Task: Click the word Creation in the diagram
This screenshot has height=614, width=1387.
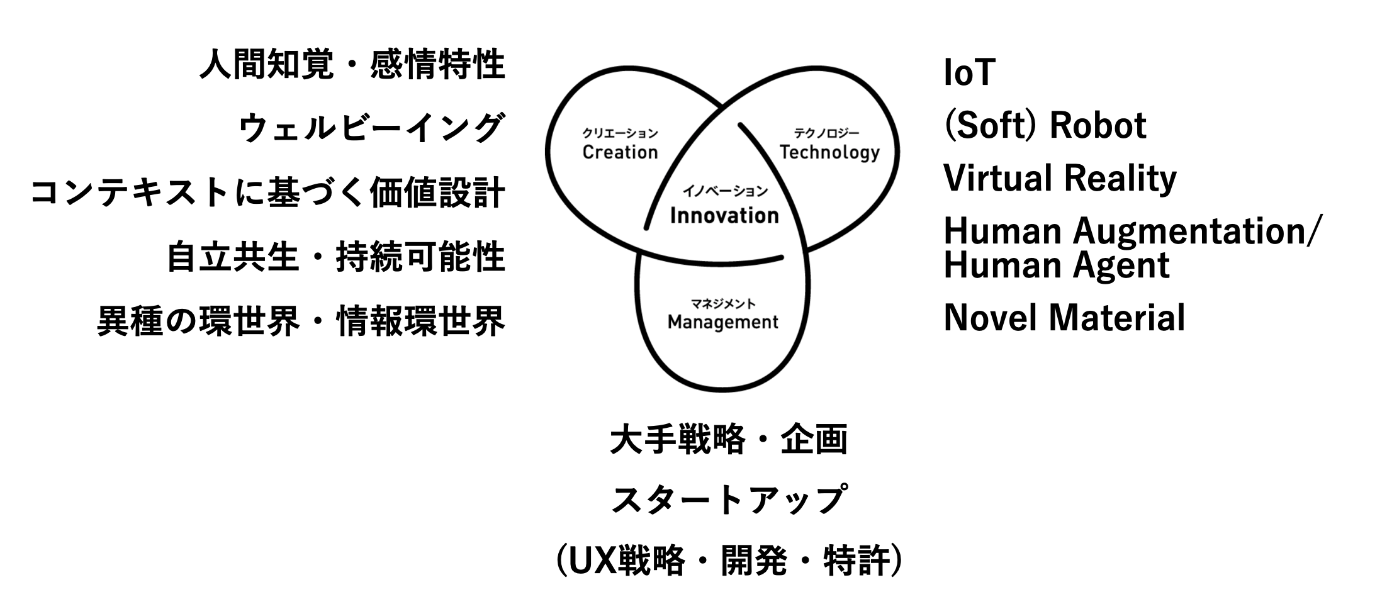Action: click(620, 152)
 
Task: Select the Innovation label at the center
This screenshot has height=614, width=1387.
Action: click(724, 216)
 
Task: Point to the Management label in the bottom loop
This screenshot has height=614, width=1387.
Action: click(723, 323)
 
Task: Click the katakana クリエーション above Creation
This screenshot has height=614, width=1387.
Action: click(620, 133)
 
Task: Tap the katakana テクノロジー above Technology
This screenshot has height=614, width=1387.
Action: click(826, 133)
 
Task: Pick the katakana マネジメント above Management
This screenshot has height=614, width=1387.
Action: click(723, 304)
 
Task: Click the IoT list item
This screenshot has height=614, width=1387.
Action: click(969, 72)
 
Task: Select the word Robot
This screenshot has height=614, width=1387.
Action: click(1098, 125)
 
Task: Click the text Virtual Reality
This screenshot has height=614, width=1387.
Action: click(1060, 179)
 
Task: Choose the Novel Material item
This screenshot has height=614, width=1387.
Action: click(1064, 317)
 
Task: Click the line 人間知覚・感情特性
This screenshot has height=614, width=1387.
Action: click(352, 65)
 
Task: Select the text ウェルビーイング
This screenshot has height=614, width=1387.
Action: click(371, 128)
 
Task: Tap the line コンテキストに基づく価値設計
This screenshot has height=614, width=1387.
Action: click(268, 193)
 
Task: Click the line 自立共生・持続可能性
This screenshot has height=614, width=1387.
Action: click(335, 257)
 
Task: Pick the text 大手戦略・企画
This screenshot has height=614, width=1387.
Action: click(728, 439)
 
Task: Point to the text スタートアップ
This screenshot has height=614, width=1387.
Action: click(728, 500)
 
